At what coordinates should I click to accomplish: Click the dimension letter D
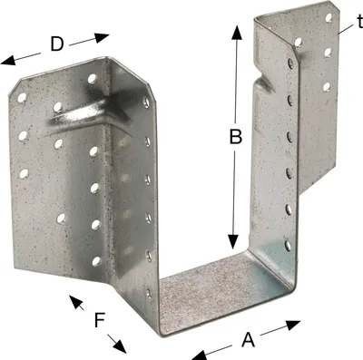57,44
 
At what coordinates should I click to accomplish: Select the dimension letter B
236,136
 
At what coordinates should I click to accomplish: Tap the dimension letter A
249,339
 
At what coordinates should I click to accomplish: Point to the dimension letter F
100,320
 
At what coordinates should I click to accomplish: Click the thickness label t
360,22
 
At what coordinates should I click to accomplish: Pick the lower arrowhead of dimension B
233,242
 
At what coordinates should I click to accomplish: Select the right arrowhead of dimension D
102,37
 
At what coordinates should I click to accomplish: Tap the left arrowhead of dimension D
8,60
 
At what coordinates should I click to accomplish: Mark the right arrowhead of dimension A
293,325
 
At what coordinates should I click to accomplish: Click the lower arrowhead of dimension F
120,346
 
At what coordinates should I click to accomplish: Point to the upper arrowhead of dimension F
75,301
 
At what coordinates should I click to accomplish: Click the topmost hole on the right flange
329,18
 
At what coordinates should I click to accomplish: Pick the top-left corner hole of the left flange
22,97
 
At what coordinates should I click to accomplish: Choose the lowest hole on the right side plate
289,246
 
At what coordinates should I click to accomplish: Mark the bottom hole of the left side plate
149,293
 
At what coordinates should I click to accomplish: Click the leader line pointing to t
346,29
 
